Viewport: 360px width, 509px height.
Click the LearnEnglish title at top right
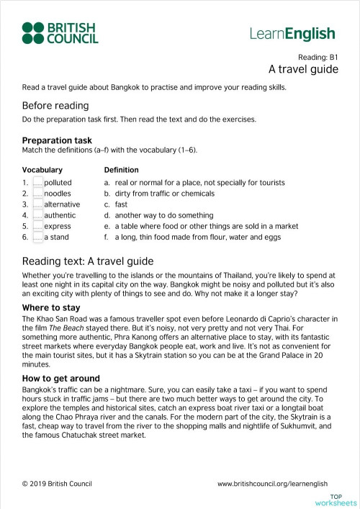[292, 33]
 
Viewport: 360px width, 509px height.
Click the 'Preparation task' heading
[57, 140]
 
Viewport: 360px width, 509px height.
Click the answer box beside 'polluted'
[37, 183]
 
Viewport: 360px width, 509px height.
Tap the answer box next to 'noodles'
[37, 194]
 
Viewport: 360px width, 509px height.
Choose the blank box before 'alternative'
[37, 204]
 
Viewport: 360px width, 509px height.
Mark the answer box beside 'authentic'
[37, 215]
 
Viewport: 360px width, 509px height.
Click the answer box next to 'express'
[37, 226]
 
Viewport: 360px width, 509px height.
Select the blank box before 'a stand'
[37, 237]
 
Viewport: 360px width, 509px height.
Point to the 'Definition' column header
[121, 170]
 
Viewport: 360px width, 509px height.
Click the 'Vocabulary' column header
[42, 170]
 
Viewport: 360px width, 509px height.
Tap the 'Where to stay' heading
[50, 288]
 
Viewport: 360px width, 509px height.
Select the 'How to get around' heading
[60, 378]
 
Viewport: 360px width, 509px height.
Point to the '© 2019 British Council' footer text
[57, 484]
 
